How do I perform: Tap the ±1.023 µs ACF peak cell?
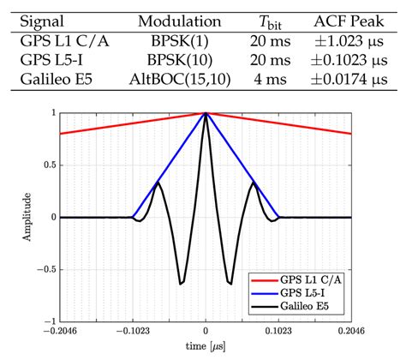coord(351,41)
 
